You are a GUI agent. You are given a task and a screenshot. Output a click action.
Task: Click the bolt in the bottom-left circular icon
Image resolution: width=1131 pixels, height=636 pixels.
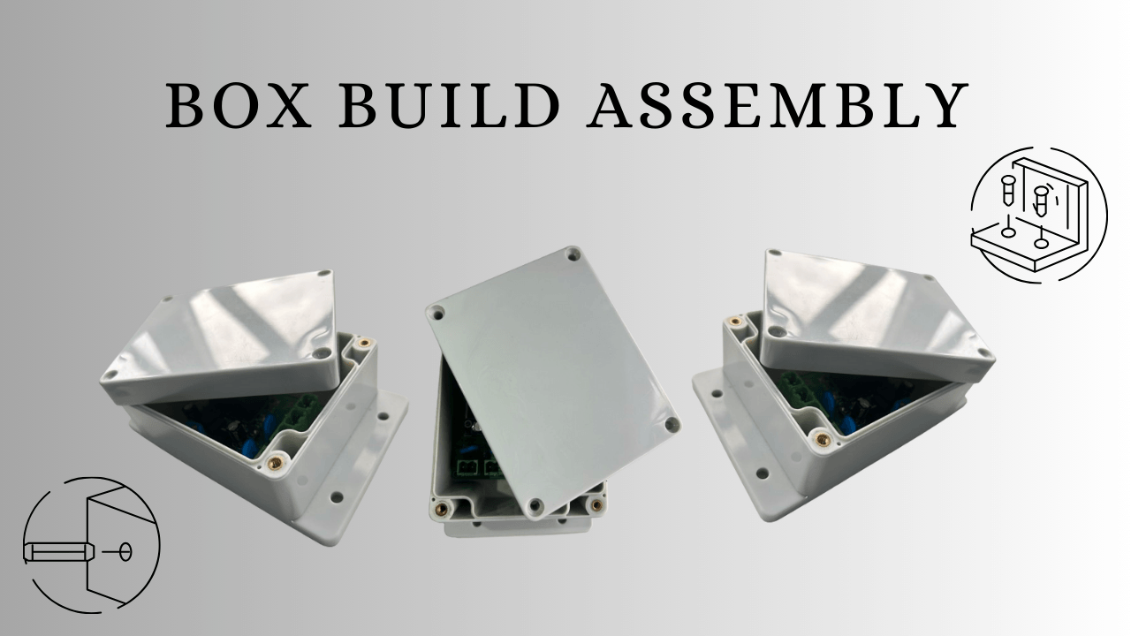(x=55, y=553)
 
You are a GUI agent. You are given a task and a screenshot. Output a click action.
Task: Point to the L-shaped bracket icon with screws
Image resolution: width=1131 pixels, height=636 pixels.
(x=1038, y=215)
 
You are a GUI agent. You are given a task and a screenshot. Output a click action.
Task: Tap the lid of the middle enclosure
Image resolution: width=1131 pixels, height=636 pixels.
(x=552, y=380)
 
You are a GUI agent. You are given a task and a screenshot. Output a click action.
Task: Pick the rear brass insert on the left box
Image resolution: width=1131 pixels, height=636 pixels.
(x=361, y=342)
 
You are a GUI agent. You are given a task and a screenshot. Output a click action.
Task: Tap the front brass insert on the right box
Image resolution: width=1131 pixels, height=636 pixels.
(x=823, y=438)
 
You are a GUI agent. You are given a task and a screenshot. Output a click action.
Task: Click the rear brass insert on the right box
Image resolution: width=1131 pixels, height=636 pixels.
(x=733, y=321)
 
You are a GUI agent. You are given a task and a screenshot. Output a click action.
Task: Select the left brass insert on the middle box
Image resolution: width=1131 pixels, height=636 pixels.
(x=441, y=509)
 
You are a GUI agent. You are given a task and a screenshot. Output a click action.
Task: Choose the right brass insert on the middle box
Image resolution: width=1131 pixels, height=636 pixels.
(x=596, y=505)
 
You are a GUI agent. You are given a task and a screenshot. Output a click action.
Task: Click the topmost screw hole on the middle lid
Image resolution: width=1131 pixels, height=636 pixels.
(x=573, y=254)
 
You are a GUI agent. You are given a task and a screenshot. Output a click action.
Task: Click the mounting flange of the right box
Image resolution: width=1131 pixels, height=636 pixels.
(x=738, y=442)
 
